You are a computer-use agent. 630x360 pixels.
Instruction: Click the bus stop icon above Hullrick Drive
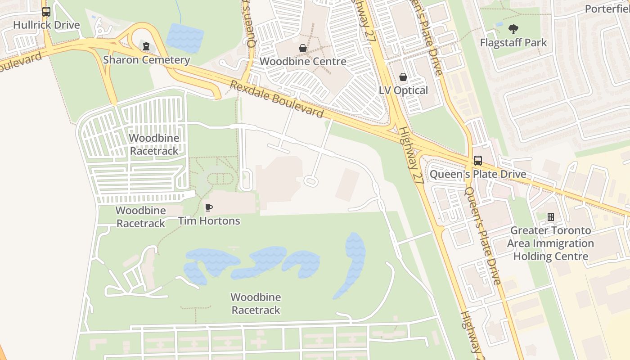click(x=46, y=12)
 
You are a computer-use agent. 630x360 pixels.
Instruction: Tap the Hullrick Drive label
click(x=46, y=25)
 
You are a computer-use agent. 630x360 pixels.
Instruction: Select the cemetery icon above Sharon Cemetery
click(x=146, y=46)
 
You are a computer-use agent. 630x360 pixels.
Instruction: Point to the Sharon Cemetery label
click(x=146, y=60)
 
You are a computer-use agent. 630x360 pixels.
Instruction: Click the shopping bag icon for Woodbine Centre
click(x=303, y=48)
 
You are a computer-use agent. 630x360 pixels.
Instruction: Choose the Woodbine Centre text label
click(x=303, y=61)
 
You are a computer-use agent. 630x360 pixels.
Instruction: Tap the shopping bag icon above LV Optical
click(x=403, y=77)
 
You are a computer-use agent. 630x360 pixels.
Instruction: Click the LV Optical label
click(x=403, y=90)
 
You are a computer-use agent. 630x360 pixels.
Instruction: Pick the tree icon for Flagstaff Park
click(x=513, y=30)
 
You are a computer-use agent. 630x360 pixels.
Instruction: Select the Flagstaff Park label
click(x=513, y=43)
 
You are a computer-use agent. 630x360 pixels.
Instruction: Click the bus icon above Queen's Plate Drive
click(x=477, y=161)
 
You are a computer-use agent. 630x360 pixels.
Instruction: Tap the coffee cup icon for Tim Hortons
click(x=209, y=207)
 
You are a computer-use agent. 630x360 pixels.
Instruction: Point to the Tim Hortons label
click(x=209, y=221)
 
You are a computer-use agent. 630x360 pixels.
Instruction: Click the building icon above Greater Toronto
click(x=550, y=217)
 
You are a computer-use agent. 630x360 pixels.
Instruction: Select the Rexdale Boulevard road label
click(x=277, y=99)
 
